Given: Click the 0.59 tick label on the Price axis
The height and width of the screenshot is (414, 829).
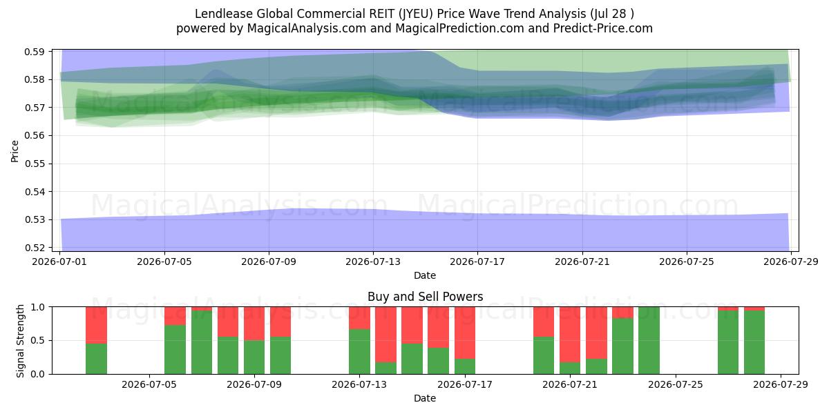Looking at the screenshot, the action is coord(35,52).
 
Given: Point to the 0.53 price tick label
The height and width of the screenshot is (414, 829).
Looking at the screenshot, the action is coord(35,220).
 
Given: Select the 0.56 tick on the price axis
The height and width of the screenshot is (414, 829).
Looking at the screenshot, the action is coord(35,136).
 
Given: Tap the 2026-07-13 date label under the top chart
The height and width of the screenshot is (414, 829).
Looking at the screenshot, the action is coord(373,262).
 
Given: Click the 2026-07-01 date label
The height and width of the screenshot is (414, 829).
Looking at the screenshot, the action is coord(59,262).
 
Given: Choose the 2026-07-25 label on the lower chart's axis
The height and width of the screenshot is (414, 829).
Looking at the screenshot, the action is coord(676,384).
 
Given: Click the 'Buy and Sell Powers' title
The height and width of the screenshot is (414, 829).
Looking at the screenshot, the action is coord(426,297).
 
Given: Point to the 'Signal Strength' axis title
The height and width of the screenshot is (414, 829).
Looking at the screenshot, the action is coord(20,341).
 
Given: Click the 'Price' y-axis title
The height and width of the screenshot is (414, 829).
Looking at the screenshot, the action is coord(15,151).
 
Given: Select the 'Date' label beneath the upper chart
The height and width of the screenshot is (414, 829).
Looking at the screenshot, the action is coord(425,275).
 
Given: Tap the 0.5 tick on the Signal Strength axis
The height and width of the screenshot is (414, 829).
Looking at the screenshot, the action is coord(37,340).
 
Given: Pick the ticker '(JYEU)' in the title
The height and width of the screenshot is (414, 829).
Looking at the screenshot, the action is coord(416,14).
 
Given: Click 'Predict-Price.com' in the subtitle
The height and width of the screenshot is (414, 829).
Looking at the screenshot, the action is coord(603,28).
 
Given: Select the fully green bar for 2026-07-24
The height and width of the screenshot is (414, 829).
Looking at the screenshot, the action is coord(649,340).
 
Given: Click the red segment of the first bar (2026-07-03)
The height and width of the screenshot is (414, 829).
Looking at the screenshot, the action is coord(96,325).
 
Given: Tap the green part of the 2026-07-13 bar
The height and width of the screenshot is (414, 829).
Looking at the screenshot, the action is coord(359,351).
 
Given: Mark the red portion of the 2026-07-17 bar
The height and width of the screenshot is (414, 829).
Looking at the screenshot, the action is coord(465,333).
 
